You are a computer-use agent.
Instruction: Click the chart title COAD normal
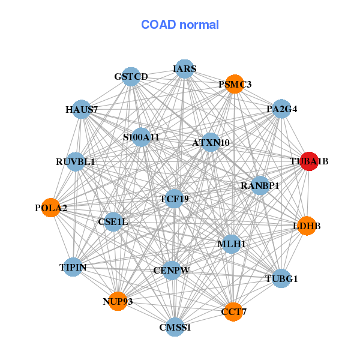click(180, 25)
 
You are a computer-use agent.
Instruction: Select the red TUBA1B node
click(308, 161)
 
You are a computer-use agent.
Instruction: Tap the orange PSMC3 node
click(234, 84)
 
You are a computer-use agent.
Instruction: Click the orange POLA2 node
click(51, 208)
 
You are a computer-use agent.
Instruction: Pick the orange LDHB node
click(307, 226)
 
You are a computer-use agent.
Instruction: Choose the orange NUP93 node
click(118, 301)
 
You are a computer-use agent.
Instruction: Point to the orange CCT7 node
click(233, 311)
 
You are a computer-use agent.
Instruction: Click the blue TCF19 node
click(174, 199)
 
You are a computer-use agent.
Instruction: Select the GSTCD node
click(131, 76)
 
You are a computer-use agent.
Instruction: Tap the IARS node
click(185, 69)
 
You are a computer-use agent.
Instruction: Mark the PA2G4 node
click(281, 109)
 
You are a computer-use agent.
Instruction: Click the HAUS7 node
click(82, 110)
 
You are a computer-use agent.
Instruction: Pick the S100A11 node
click(141, 137)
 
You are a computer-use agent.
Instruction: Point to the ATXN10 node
click(211, 143)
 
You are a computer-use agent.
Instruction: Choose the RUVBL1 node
click(76, 161)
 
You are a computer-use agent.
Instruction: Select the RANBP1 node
click(260, 185)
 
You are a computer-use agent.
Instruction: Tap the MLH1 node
click(232, 244)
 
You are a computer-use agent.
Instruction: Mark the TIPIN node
click(73, 267)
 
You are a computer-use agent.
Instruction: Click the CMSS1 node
click(175, 327)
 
